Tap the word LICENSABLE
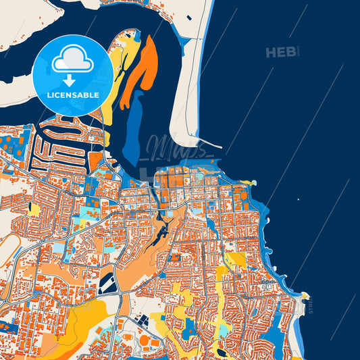click(x=72, y=95)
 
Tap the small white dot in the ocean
click(x=299, y=199)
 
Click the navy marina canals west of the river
click(x=64, y=138)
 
